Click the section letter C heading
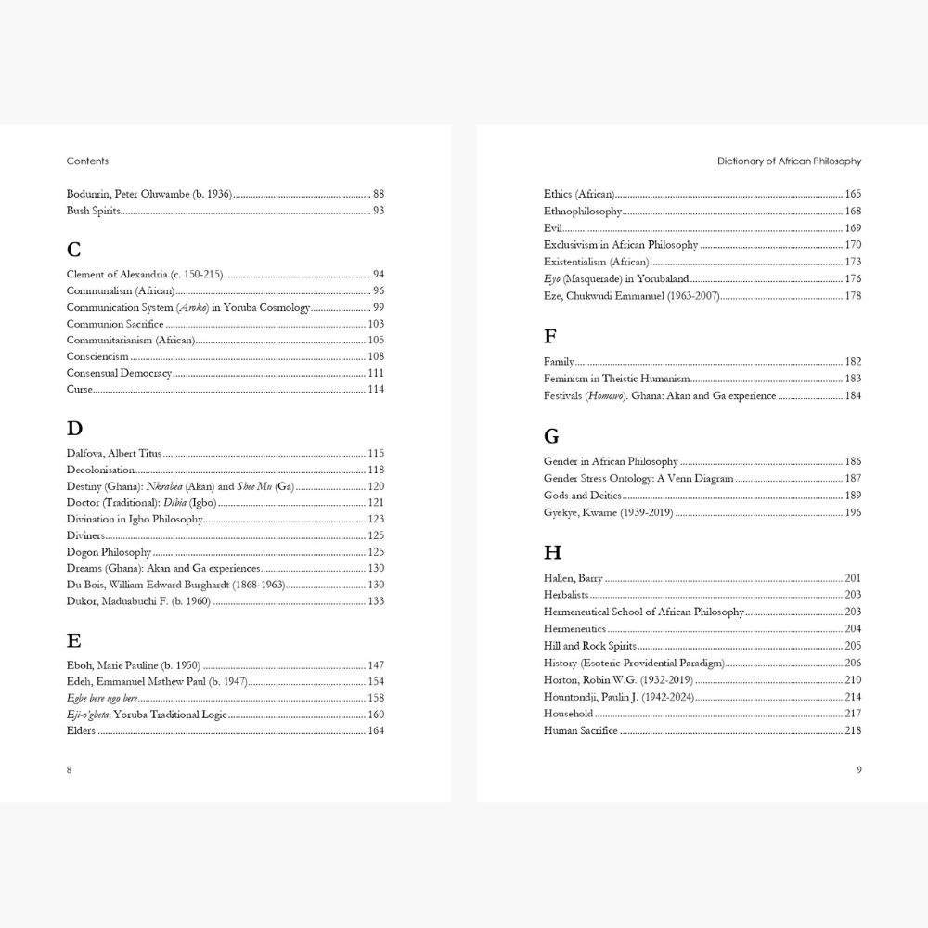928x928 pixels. (x=74, y=250)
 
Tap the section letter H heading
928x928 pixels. (x=552, y=553)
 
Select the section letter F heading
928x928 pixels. (x=549, y=337)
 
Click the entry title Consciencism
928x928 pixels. (x=97, y=356)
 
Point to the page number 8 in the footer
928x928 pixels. (x=70, y=769)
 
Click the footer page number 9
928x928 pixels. (x=858, y=769)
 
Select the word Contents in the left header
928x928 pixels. (x=87, y=161)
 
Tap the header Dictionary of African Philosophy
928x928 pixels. (x=789, y=161)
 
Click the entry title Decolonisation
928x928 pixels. (x=100, y=470)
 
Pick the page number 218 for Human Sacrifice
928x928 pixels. (x=853, y=730)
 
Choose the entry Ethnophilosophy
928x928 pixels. (x=583, y=212)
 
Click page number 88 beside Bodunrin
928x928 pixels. (x=378, y=194)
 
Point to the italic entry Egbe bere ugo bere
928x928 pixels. (x=102, y=698)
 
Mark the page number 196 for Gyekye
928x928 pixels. (x=853, y=512)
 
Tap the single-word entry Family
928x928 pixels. (x=559, y=362)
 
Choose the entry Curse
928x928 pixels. (x=80, y=389)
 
